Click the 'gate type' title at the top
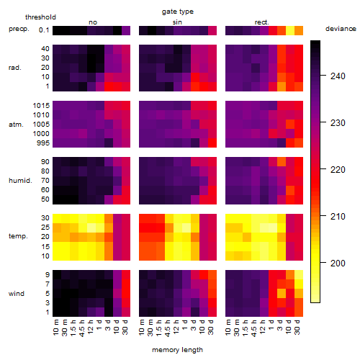click(178, 12)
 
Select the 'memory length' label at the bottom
click(177, 350)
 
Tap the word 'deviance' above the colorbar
click(341, 29)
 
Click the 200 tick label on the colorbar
click(338, 264)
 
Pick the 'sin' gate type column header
click(177, 22)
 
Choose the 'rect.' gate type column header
click(261, 22)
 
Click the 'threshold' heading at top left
click(40, 17)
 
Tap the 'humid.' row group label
click(20, 181)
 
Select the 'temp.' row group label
click(18, 236)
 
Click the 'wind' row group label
click(17, 294)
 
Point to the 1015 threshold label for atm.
click(41, 105)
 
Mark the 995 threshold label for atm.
click(43, 143)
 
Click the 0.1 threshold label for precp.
click(44, 30)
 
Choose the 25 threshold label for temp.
click(45, 227)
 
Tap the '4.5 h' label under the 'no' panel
click(81, 328)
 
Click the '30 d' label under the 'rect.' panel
click(297, 327)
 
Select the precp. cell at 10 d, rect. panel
click(290, 30)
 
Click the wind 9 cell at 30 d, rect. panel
click(299, 274)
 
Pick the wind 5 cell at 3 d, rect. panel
click(282, 293)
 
